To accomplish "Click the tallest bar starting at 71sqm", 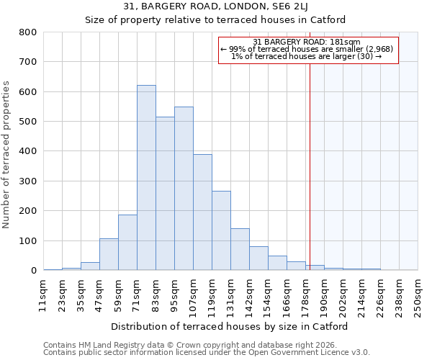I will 146,178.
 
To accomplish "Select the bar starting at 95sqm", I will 184,189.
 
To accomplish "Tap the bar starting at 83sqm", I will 165,194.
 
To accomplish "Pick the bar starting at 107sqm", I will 202,212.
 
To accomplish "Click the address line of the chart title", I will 215,6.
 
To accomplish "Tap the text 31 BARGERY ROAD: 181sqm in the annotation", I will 307,42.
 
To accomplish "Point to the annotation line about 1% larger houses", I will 307,56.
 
